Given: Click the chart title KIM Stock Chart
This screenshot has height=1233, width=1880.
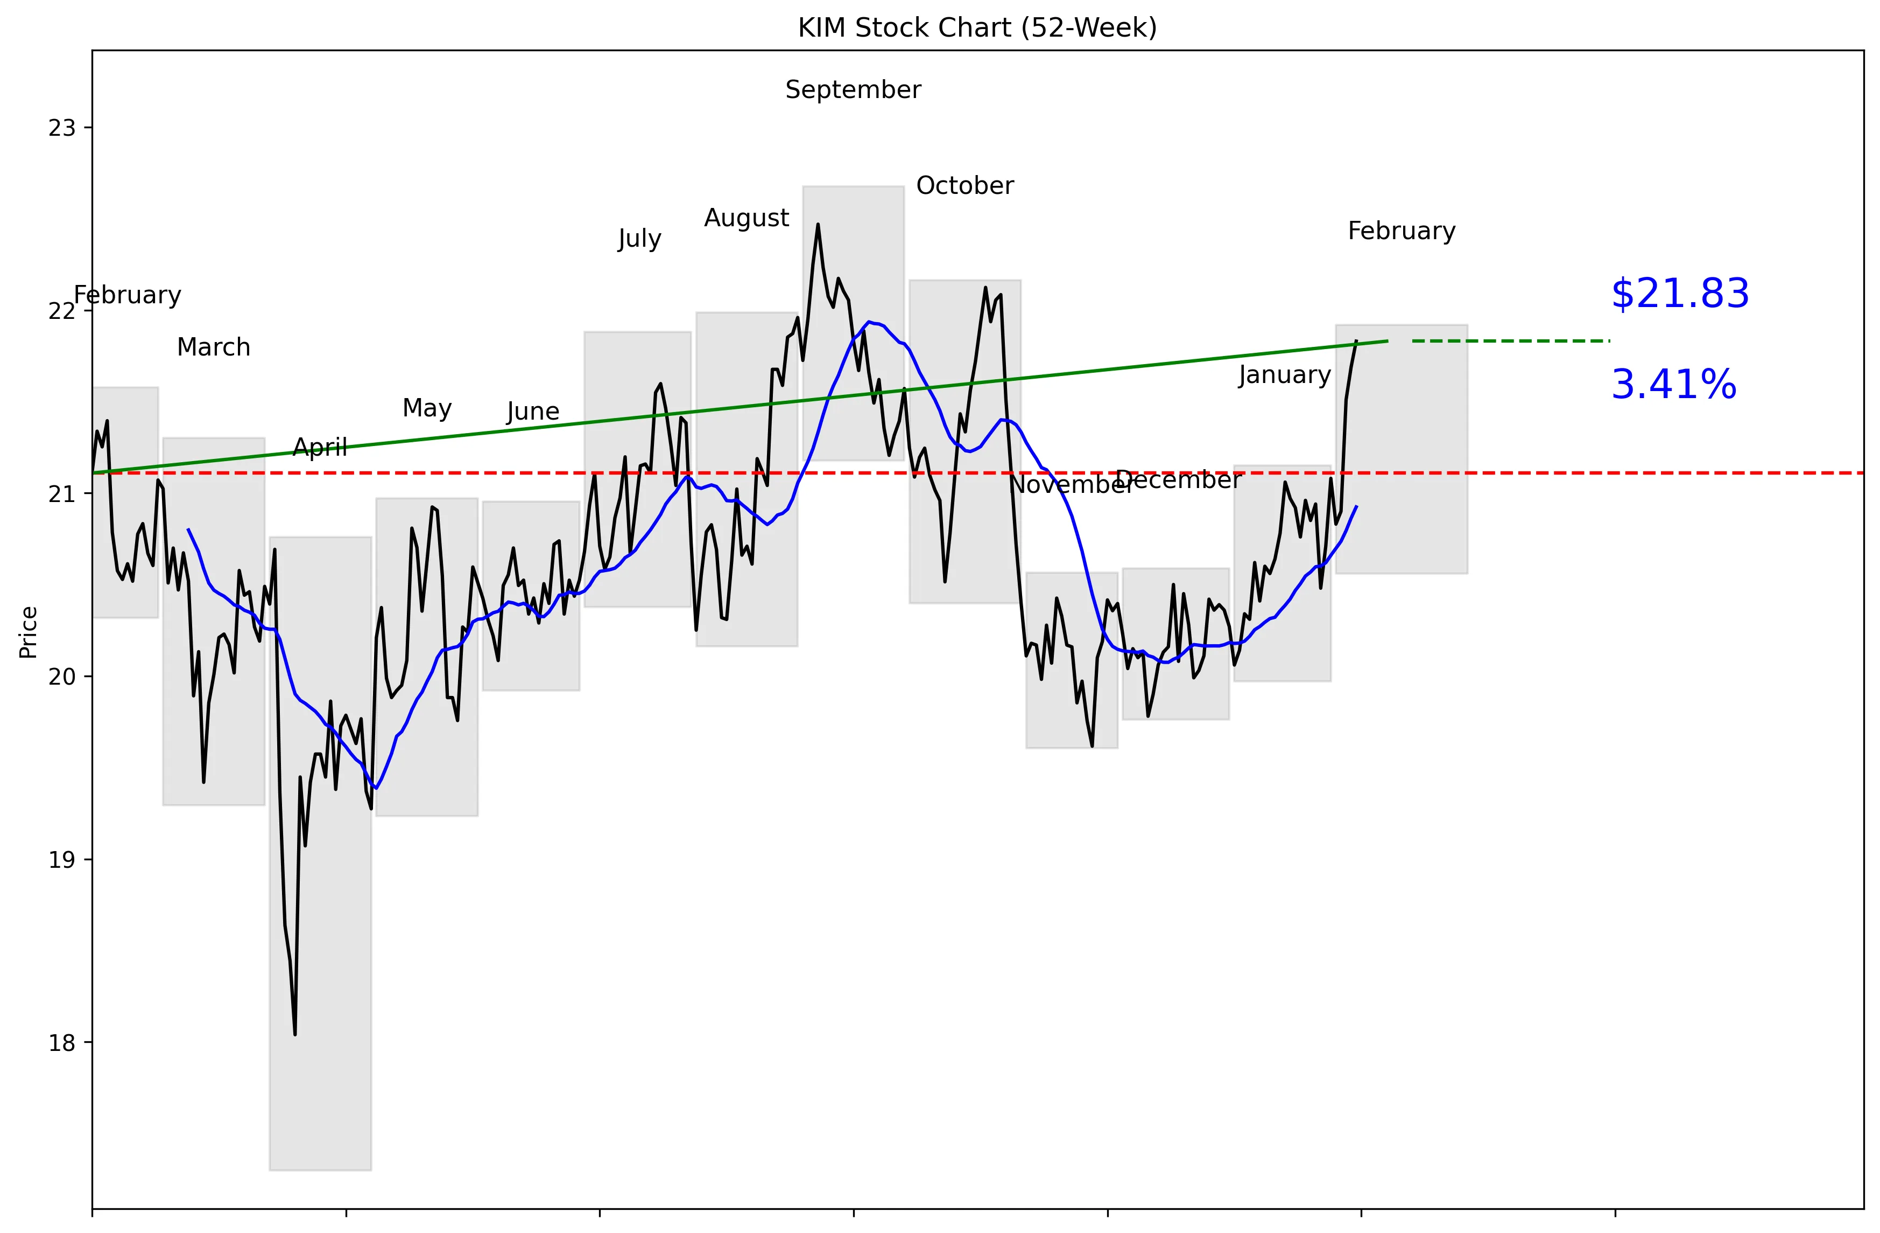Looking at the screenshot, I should (x=977, y=27).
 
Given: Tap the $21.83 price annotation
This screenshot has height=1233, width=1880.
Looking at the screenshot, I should (x=1679, y=294).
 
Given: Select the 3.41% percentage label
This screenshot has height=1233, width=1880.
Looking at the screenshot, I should (x=1673, y=385).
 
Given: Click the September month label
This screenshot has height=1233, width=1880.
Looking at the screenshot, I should (x=853, y=90).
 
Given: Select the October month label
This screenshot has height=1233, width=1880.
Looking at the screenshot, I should (x=964, y=186).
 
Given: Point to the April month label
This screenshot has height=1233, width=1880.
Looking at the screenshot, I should (x=320, y=447).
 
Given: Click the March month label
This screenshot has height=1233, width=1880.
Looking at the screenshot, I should (x=213, y=347).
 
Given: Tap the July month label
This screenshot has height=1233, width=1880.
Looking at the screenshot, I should (x=639, y=239).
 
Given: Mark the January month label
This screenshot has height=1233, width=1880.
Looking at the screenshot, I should (x=1284, y=375).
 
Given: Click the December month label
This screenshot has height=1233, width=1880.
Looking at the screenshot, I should (x=1178, y=480).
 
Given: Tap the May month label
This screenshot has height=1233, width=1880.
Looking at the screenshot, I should (x=427, y=408).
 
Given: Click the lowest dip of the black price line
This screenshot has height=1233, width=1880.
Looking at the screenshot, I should (x=294, y=1034).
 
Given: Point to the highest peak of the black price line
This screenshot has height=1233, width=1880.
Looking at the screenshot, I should (x=818, y=225).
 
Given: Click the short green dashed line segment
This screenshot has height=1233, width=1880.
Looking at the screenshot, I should (x=1510, y=340).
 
